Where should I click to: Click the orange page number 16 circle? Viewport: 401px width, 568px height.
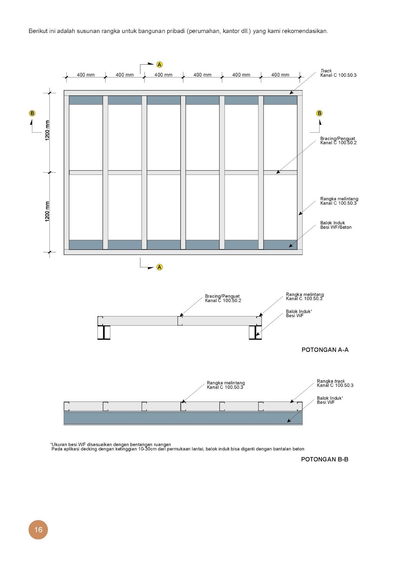(38, 530)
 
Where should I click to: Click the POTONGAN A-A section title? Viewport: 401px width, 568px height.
(325, 350)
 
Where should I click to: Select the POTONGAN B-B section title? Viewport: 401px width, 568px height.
(324, 459)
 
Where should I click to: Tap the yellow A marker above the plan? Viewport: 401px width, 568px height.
(160, 65)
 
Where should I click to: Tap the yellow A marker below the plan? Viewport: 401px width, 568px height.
(160, 267)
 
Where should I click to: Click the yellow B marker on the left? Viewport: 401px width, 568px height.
(32, 113)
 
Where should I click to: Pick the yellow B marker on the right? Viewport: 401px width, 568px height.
(319, 113)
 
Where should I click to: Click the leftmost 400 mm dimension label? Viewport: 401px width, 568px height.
(86, 75)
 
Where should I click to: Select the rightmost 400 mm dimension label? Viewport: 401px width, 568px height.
(280, 75)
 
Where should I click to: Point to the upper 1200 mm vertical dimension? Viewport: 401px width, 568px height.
(47, 130)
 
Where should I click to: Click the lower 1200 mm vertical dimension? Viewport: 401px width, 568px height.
(47, 212)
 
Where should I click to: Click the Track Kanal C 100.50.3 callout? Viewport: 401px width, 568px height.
(338, 73)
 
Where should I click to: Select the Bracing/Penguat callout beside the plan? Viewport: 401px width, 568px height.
(338, 141)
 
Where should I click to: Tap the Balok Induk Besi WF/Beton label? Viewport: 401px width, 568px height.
(336, 225)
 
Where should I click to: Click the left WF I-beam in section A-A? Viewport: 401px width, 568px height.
(104, 333)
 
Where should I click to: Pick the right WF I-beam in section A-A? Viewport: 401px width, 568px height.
(255, 333)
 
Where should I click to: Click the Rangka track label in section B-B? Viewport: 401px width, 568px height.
(335, 383)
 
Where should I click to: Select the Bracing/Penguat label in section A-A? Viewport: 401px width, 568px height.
(223, 298)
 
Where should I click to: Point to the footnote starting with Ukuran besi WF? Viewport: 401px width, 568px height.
(111, 444)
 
